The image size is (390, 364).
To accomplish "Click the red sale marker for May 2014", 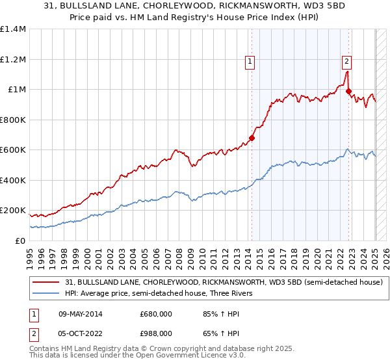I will tap(252, 138).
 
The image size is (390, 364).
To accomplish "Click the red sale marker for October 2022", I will tap(349, 91).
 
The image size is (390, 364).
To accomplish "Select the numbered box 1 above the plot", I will tap(250, 62).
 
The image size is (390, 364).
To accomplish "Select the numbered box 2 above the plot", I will tap(347, 62).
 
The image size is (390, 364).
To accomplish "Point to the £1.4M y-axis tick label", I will tap(13, 29).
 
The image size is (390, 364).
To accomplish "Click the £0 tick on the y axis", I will tap(19, 240).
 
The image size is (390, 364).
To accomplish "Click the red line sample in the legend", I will tap(46, 282).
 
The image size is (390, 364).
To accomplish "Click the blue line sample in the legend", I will tap(46, 293).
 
